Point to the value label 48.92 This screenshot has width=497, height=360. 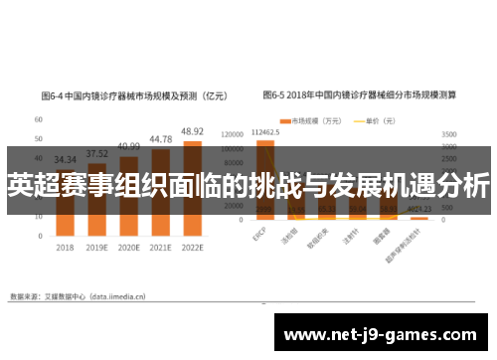(192, 131)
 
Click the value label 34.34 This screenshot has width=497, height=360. (66, 159)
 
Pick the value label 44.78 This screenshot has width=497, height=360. (160, 139)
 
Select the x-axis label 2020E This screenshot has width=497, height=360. (128, 247)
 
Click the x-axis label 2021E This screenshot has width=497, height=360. (160, 247)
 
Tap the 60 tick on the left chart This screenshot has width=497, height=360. (38, 118)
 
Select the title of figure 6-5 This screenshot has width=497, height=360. (359, 97)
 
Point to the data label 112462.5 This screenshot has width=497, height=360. (265, 131)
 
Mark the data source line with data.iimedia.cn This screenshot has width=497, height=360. (77, 295)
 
